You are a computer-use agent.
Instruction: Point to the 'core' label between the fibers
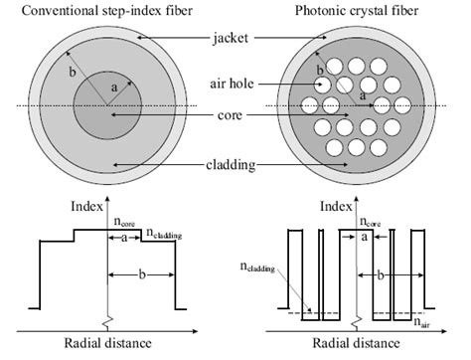pos(232,115)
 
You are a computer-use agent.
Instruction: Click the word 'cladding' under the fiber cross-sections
pos(230,163)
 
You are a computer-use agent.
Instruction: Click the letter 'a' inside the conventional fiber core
pos(114,88)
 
